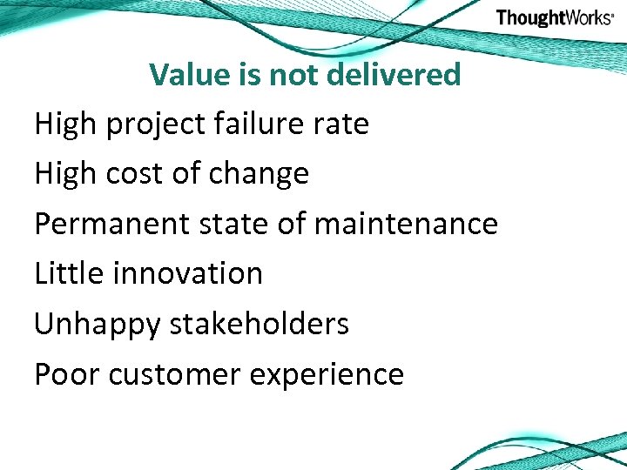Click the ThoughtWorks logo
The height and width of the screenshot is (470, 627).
(555, 18)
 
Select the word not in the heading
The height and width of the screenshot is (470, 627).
(295, 75)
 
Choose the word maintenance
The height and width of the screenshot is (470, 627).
(405, 224)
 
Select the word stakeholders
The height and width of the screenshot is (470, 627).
(259, 324)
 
